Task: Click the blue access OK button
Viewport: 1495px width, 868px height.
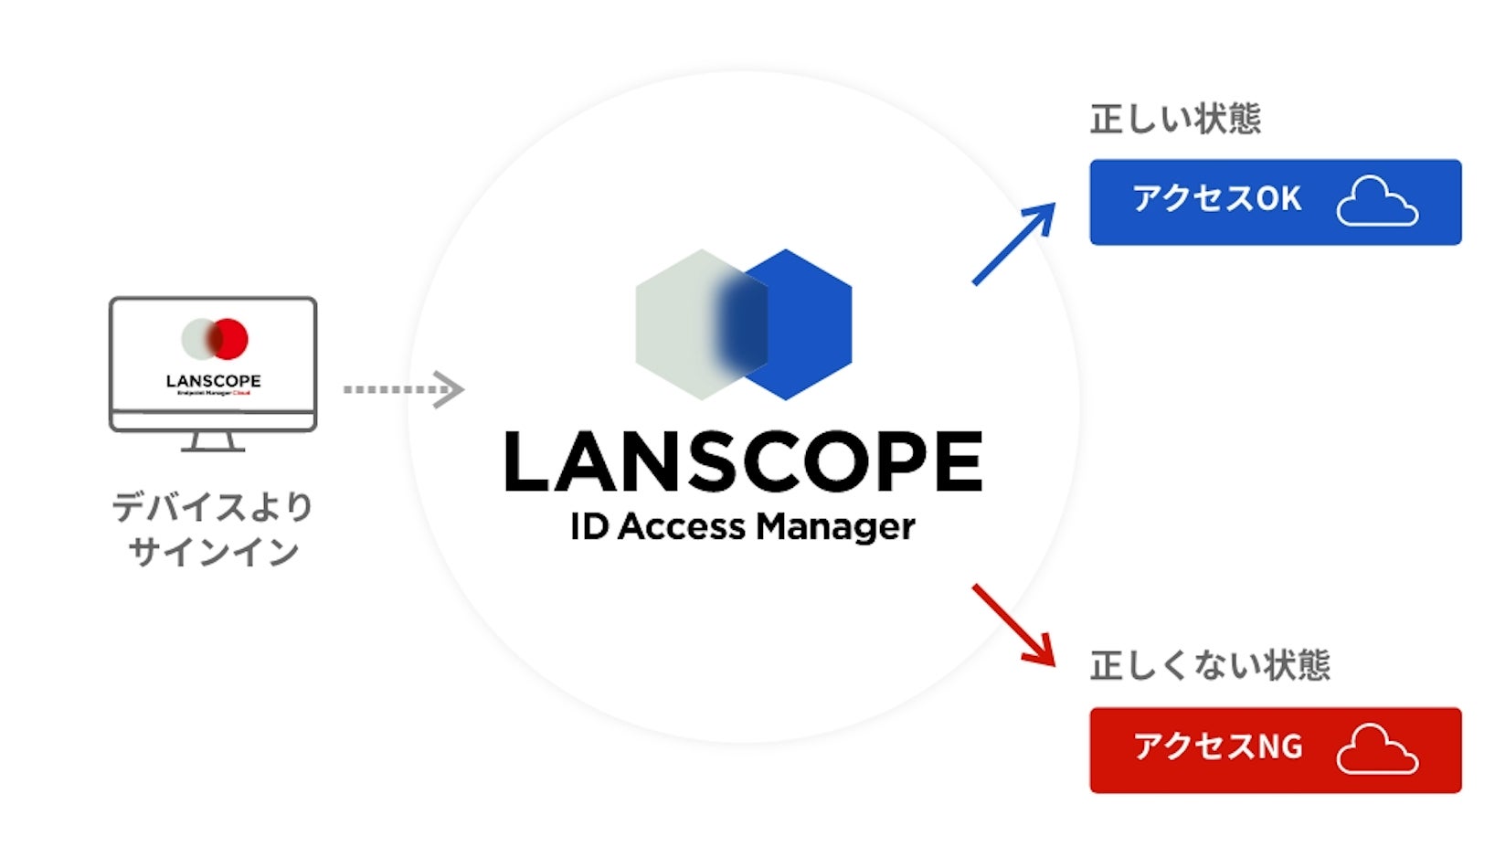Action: [x=1274, y=202]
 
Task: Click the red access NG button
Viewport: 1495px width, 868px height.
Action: [x=1274, y=750]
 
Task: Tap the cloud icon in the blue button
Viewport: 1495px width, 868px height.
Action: [x=1376, y=202]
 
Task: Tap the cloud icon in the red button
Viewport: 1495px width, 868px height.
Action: [x=1376, y=750]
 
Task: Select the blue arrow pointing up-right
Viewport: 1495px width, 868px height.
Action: [x=1013, y=244]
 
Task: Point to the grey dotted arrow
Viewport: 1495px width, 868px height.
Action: [x=402, y=389]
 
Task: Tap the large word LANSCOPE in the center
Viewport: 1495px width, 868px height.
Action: [x=743, y=462]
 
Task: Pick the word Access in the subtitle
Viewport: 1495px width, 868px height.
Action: [x=682, y=527]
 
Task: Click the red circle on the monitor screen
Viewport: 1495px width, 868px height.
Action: [x=232, y=338]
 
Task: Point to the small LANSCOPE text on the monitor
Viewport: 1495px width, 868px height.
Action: [x=213, y=380]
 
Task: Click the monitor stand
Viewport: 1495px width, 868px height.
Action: [x=213, y=442]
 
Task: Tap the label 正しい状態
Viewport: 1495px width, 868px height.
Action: [x=1175, y=119]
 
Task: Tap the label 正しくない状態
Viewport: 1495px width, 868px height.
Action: [x=1210, y=666]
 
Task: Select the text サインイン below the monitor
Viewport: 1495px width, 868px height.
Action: [x=213, y=552]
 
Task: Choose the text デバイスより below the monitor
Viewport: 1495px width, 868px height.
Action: [x=213, y=506]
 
